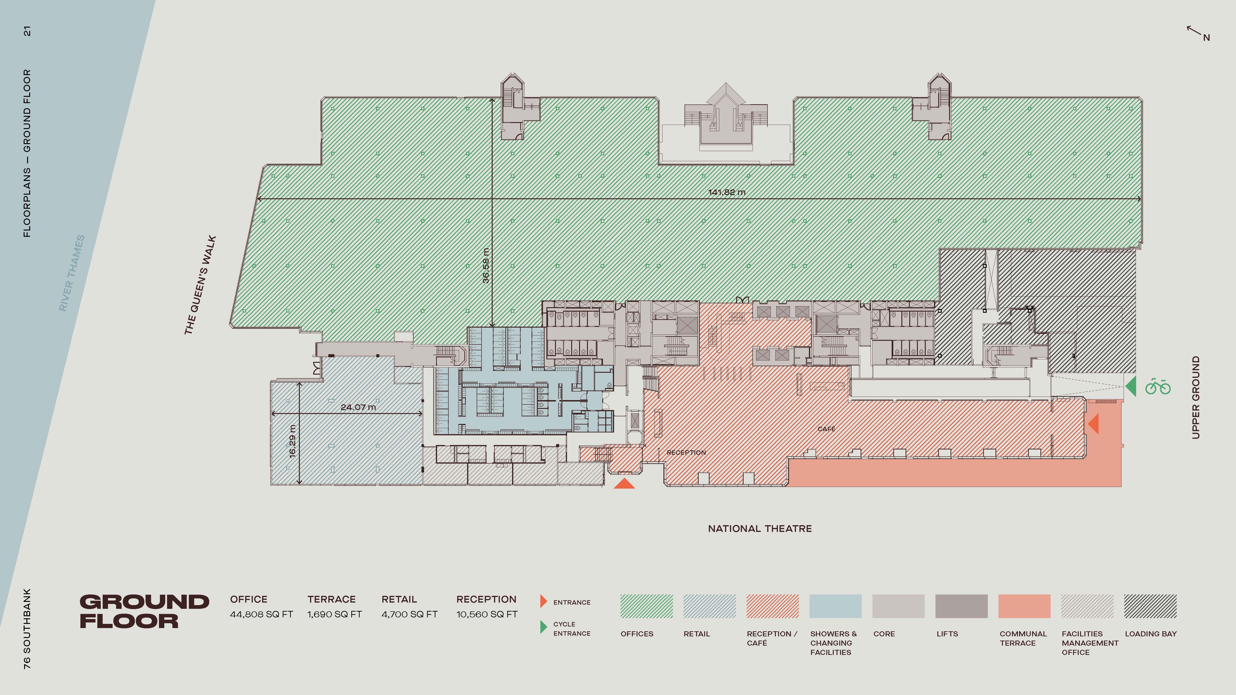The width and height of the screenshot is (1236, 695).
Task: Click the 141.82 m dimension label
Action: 726,192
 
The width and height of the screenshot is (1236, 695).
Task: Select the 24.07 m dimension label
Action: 358,407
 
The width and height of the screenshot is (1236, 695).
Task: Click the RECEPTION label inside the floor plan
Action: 686,452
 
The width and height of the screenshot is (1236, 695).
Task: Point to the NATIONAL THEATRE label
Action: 760,529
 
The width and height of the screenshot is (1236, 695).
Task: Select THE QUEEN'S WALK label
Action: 200,285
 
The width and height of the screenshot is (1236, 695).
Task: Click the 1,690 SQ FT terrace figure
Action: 334,614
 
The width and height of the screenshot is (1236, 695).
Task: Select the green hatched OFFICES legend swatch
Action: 646,606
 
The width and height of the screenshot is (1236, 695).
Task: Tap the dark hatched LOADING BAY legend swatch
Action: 1150,606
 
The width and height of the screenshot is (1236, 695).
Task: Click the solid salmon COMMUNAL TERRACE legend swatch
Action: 1024,606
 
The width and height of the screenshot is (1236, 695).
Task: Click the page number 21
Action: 27,31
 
